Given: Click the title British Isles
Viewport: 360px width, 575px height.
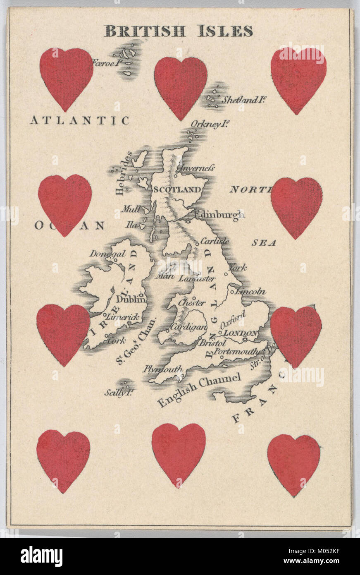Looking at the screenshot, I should click(178, 31).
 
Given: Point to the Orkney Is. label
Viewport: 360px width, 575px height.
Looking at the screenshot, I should click(210, 124).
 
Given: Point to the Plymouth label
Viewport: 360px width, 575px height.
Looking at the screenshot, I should click(163, 369).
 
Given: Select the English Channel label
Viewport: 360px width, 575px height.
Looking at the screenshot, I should click(199, 389).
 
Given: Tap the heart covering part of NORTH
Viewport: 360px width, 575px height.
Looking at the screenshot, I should click(296, 208).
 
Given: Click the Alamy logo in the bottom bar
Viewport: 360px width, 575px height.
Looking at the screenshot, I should click(42, 556).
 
